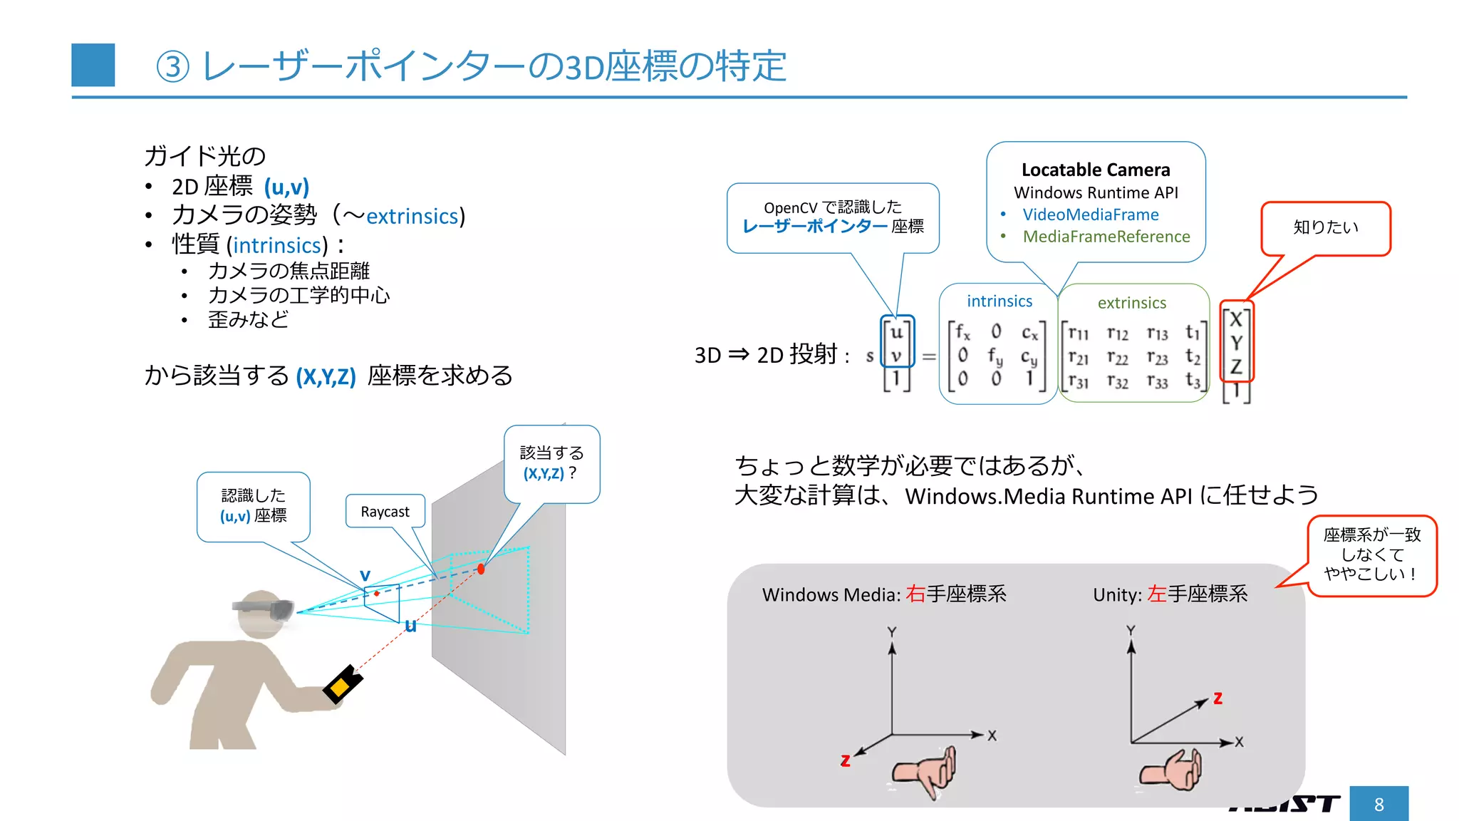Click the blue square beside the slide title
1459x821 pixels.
point(93,65)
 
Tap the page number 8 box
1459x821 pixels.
point(1378,804)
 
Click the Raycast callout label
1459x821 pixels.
point(385,512)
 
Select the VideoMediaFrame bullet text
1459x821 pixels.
point(1090,215)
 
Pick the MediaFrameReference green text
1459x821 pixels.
point(1106,237)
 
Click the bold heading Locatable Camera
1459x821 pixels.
point(1096,170)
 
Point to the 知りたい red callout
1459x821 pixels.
point(1325,227)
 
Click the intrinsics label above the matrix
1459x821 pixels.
point(999,301)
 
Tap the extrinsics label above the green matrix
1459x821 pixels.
point(1131,303)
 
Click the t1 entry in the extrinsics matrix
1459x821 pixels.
point(1193,332)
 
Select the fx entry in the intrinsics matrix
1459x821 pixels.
point(962,332)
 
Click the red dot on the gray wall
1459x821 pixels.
point(481,569)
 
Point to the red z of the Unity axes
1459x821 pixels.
point(1217,698)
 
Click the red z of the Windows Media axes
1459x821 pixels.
point(845,760)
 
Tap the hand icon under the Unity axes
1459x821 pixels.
point(1171,770)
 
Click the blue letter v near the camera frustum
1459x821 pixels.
point(365,575)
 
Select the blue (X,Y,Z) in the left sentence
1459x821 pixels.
point(326,376)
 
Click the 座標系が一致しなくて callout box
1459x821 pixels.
point(1371,555)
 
